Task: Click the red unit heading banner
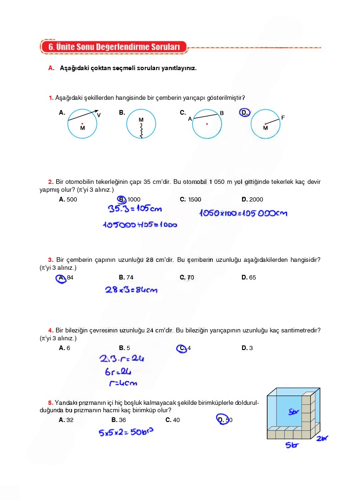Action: click(x=113, y=47)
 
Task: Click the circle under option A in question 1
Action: click(x=82, y=124)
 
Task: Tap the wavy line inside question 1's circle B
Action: click(x=141, y=130)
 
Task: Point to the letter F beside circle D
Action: click(x=283, y=118)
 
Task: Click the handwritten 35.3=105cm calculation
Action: click(x=131, y=209)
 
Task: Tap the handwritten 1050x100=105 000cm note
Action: click(x=243, y=213)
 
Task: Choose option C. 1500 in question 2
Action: click(x=190, y=200)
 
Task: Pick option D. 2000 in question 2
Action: click(x=252, y=200)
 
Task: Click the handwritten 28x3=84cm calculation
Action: click(x=131, y=290)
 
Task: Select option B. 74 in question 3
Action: click(x=126, y=278)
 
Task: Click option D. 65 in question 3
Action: click(x=249, y=278)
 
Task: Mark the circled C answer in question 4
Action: click(x=183, y=349)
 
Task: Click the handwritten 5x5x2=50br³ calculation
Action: click(x=126, y=432)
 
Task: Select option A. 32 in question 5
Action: click(x=66, y=420)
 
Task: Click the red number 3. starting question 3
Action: click(x=51, y=260)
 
